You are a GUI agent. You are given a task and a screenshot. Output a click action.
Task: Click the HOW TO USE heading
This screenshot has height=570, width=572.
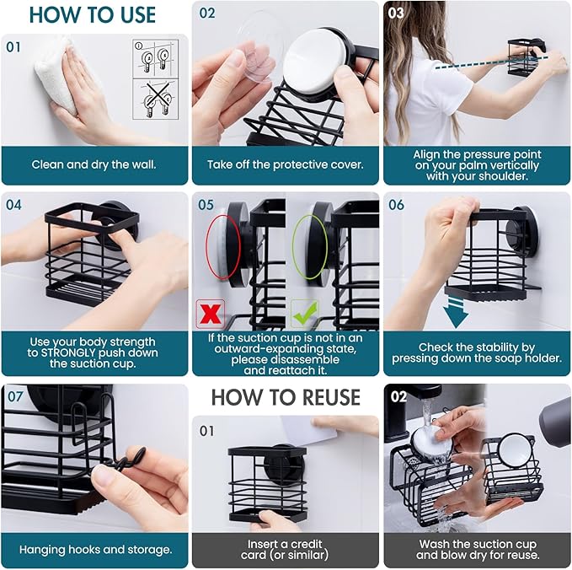(93, 15)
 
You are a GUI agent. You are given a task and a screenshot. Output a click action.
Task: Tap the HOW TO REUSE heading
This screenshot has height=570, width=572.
(286, 397)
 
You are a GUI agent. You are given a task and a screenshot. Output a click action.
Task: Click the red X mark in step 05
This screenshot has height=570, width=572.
(211, 314)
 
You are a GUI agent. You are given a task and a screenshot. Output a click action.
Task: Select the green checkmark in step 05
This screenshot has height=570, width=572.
(304, 314)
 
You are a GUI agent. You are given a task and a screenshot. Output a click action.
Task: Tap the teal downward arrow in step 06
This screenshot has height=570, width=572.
(455, 313)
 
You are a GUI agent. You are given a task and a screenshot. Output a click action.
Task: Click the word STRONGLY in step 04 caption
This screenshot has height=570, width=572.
(68, 352)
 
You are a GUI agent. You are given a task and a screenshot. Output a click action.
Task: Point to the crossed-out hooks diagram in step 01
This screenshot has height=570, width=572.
(155, 99)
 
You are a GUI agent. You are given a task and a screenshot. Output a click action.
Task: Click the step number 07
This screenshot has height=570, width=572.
(15, 396)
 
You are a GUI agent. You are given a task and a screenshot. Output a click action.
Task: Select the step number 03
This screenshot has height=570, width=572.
(396, 13)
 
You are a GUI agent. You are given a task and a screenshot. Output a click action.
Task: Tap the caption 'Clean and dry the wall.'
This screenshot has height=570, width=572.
(94, 164)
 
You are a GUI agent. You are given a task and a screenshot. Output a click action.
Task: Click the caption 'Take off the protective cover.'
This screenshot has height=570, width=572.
(286, 164)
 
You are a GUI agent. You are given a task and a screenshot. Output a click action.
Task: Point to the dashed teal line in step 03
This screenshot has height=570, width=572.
(491, 62)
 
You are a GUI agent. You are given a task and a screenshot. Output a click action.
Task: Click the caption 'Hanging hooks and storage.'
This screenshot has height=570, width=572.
(95, 550)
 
